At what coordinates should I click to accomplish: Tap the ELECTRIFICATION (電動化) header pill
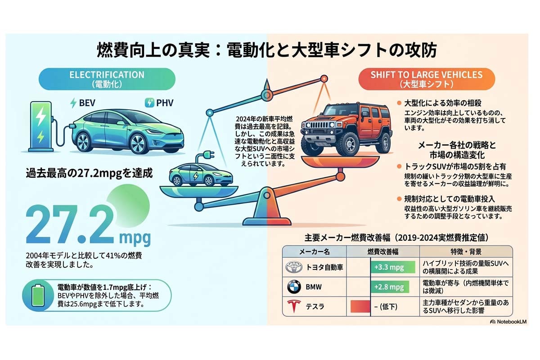[x=107, y=79]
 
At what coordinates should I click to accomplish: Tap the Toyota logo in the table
[x=295, y=268]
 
